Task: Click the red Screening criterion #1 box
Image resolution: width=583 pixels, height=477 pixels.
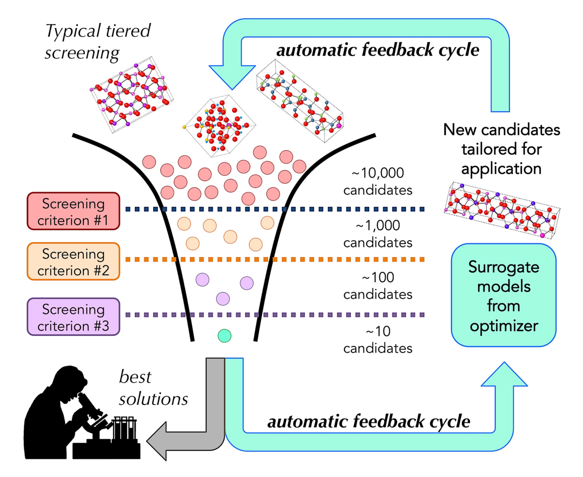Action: pyautogui.click(x=73, y=211)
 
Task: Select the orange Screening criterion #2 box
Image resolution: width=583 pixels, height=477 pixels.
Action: pyautogui.click(x=73, y=262)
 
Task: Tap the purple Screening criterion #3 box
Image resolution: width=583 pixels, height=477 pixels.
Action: pyautogui.click(x=73, y=317)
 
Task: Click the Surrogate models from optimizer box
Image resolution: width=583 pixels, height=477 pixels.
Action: pyautogui.click(x=503, y=295)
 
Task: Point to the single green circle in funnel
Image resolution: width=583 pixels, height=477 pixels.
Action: pyautogui.click(x=224, y=336)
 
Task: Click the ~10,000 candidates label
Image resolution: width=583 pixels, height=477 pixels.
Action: pyautogui.click(x=378, y=181)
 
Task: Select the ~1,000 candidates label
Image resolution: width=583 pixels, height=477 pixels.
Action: pyautogui.click(x=378, y=234)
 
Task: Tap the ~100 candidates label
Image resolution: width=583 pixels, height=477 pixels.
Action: pyautogui.click(x=378, y=286)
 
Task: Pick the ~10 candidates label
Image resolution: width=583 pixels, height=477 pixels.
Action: pyautogui.click(x=378, y=340)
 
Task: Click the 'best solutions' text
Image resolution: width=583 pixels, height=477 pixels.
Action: pyautogui.click(x=153, y=388)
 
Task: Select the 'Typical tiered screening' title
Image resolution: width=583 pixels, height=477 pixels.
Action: pyautogui.click(x=98, y=42)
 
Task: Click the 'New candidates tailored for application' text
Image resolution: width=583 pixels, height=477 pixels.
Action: pyautogui.click(x=502, y=149)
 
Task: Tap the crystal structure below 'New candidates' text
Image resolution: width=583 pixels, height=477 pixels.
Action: pyautogui.click(x=502, y=210)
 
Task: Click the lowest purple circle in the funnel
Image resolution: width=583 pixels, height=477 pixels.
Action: pyautogui.click(x=223, y=299)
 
